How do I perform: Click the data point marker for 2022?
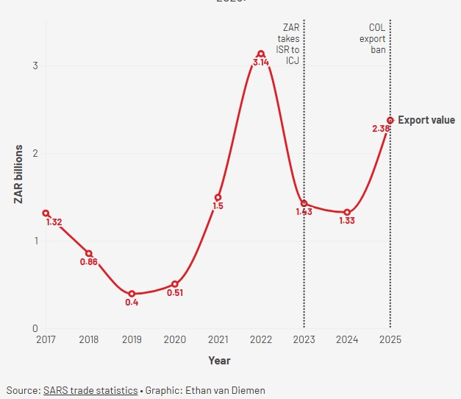[x=261, y=54]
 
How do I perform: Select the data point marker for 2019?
[x=132, y=294]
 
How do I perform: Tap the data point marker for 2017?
[x=46, y=213]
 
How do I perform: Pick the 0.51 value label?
[x=174, y=293]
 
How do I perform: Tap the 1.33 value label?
[x=347, y=221]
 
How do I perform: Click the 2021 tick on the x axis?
[x=218, y=340]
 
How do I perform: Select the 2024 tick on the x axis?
[x=347, y=340]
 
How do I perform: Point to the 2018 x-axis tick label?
[x=88, y=340]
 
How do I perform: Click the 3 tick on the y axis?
[x=35, y=66]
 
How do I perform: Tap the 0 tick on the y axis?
[x=35, y=328]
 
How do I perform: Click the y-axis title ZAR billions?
[x=18, y=175]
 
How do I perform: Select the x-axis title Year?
[x=218, y=361]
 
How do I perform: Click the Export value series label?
[x=426, y=120]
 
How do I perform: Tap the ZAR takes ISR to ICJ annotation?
[x=290, y=44]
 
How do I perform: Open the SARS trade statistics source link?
[x=91, y=389]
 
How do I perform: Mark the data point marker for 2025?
[x=390, y=120]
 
